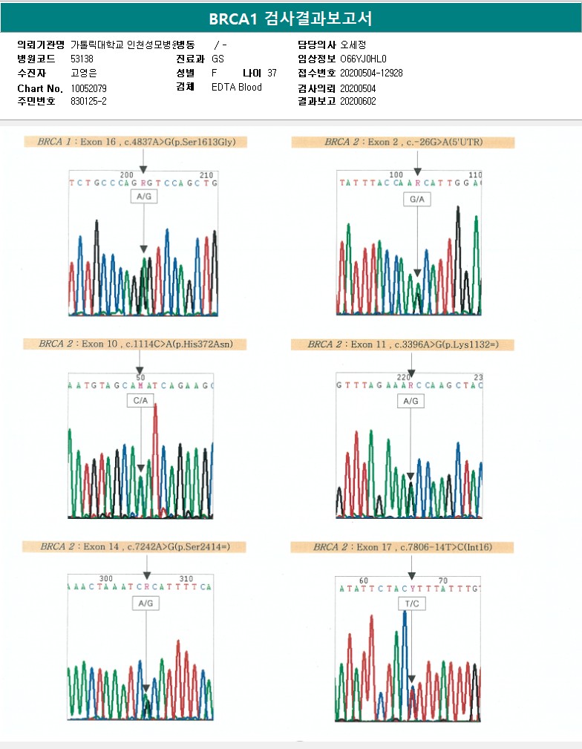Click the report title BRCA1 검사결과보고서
pyautogui.click(x=290, y=19)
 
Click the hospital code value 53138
pyautogui.click(x=82, y=59)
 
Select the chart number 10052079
pyautogui.click(x=89, y=88)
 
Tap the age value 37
pyautogui.click(x=272, y=73)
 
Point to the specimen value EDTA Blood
pyautogui.click(x=236, y=87)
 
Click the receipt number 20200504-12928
pyautogui.click(x=371, y=73)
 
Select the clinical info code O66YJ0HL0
pyautogui.click(x=363, y=59)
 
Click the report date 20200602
pyautogui.click(x=358, y=101)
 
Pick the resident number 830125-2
pyautogui.click(x=88, y=101)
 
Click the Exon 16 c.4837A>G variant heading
pyautogui.click(x=136, y=142)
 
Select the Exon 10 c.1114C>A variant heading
pyautogui.click(x=140, y=344)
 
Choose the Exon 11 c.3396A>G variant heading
pyautogui.click(x=411, y=344)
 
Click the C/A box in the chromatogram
pyautogui.click(x=140, y=401)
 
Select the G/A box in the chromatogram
pyautogui.click(x=416, y=200)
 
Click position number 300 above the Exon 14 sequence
pyautogui.click(x=106, y=578)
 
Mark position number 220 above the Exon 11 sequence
pyautogui.click(x=403, y=377)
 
